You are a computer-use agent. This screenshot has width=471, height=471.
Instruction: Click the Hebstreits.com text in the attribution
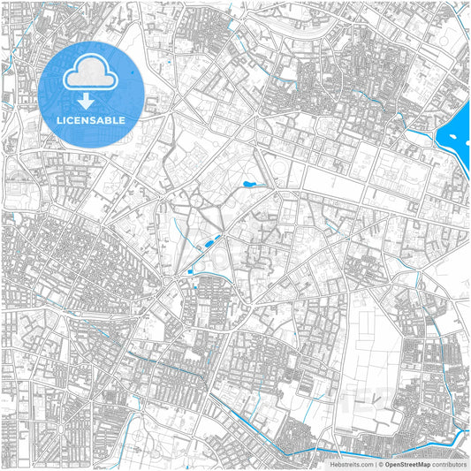click(x=352, y=464)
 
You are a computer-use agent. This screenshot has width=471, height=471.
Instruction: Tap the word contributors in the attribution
click(x=449, y=464)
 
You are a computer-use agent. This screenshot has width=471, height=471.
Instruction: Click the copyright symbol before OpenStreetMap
click(x=380, y=464)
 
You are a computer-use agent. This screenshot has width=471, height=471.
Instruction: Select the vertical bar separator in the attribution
click(x=374, y=464)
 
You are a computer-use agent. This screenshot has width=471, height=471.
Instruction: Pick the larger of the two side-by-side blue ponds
click(x=209, y=241)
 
